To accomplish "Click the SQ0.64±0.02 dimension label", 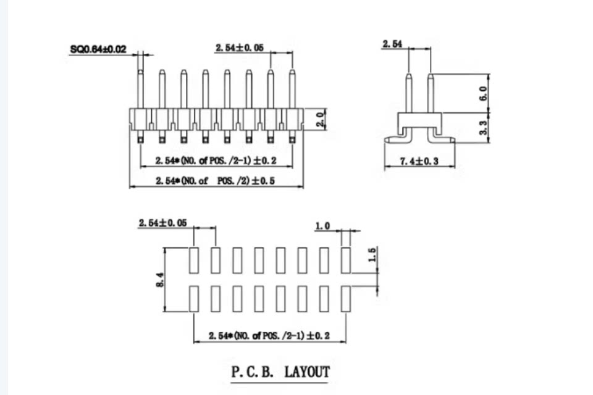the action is [x=98, y=49].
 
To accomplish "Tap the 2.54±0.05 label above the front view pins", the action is [x=240, y=48].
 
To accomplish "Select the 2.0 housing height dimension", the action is [x=321, y=119].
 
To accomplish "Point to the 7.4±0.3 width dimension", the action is [x=419, y=162].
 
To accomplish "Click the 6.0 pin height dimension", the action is [x=483, y=93].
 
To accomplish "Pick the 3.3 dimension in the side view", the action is [x=483, y=127].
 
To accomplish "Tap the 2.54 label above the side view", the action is [x=392, y=44].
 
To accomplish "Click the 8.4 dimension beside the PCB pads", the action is [x=159, y=280].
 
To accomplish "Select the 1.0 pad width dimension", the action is [x=322, y=226].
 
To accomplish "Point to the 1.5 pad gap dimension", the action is [x=372, y=255].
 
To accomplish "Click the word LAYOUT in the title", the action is [x=307, y=372].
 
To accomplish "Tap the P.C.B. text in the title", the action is [x=252, y=372].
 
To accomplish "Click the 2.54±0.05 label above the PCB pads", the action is [x=162, y=223].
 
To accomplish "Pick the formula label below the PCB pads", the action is [x=269, y=336].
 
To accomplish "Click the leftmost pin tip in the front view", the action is [x=140, y=72].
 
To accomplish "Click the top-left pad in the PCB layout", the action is [x=193, y=260].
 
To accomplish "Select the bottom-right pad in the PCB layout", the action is [x=346, y=299].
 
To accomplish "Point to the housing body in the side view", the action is [x=419, y=120].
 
